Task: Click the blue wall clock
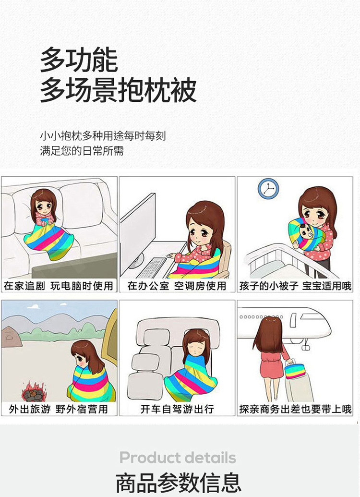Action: click(268, 189)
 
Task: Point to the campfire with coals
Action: click(33, 393)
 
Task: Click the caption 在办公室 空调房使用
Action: click(177, 286)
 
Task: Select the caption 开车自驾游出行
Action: click(177, 409)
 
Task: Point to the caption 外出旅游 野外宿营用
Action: click(59, 409)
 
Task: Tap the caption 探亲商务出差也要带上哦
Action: click(295, 409)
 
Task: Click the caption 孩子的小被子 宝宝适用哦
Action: click(295, 286)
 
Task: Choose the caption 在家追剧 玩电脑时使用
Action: click(59, 286)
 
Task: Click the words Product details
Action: click(178, 457)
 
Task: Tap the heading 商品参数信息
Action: click(178, 483)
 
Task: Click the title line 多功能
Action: click(79, 60)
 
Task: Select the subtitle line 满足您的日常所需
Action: click(82, 151)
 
